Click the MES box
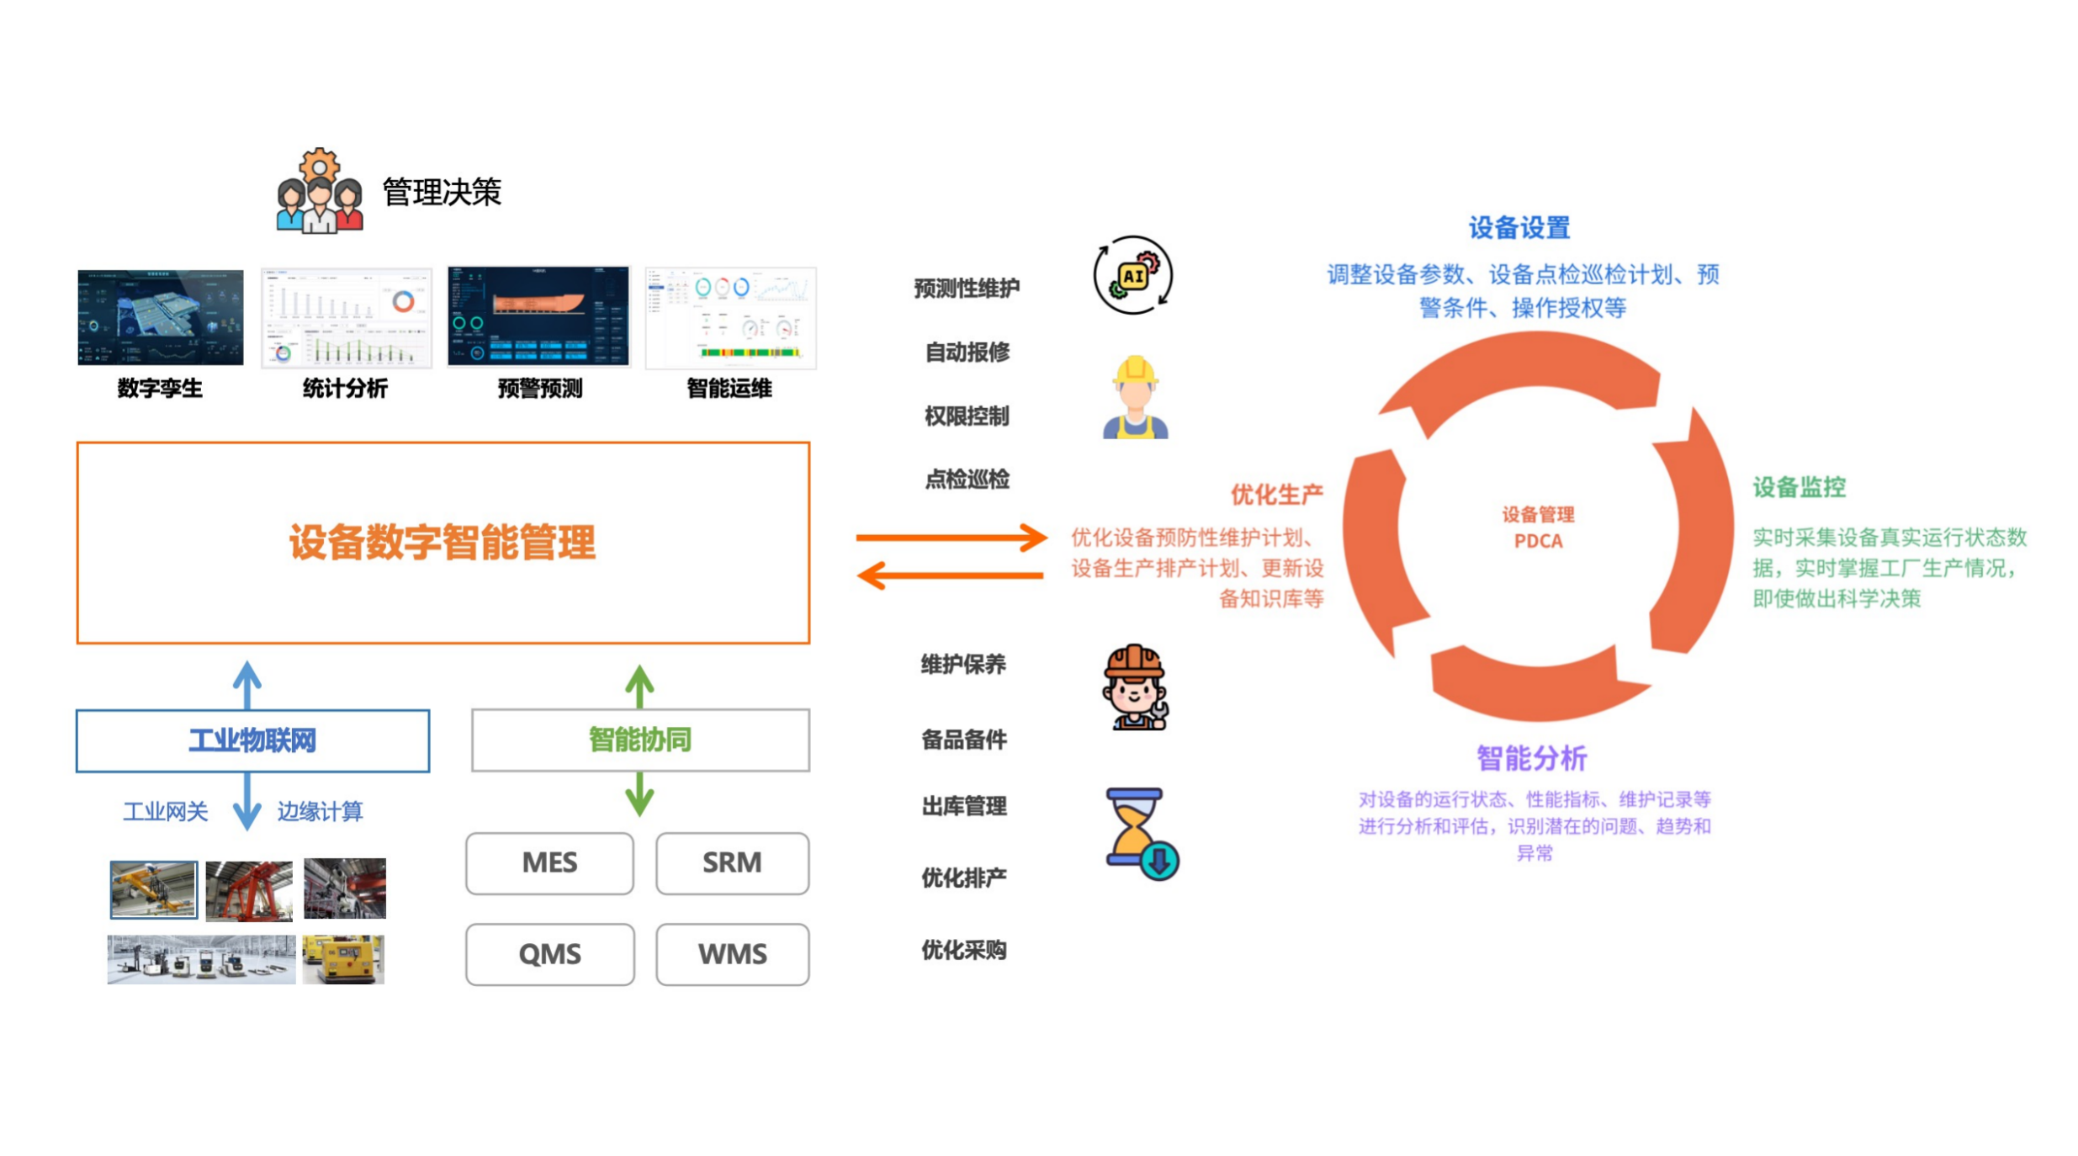pos(549,863)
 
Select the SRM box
pos(731,863)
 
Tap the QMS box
pos(549,954)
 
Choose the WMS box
pos(731,954)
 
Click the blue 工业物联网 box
pos(252,740)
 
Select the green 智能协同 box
pos(639,740)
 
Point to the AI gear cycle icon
pos(1132,275)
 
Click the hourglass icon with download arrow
pos(1140,834)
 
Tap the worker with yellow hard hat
pos(1134,397)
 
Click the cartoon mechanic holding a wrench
pos(1134,687)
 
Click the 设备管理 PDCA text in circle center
pos(1537,528)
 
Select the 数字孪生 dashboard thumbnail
pos(160,317)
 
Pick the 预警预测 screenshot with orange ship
pos(538,316)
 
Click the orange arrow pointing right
pos(951,537)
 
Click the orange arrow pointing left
pos(951,575)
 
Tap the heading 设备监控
pos(1798,487)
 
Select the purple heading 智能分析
pos(1530,758)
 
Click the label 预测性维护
pos(966,289)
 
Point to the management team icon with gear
pos(319,193)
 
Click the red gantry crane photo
pos(249,890)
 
